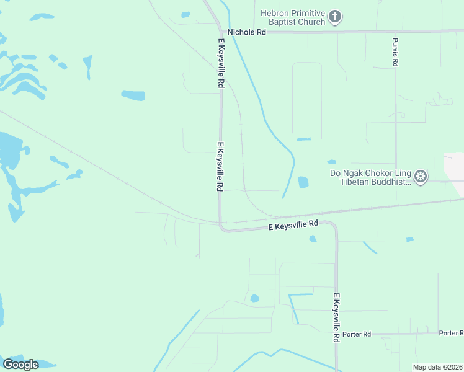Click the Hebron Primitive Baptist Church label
pos(293,17)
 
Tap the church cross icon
pos(335,17)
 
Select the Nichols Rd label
pos(246,32)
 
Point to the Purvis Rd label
pos(395,52)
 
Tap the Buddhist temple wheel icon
pos(421,177)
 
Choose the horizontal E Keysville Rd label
pos(293,226)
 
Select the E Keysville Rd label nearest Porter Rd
pos(336,318)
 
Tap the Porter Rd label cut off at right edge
pos(451,333)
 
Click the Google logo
pos(20,365)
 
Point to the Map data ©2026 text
pos(437,367)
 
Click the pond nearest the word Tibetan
pos(303,182)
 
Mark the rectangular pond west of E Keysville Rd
pos(133,95)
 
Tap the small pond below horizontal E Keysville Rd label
pos(313,239)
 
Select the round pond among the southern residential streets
pos(254,299)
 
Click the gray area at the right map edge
pos(455,174)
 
